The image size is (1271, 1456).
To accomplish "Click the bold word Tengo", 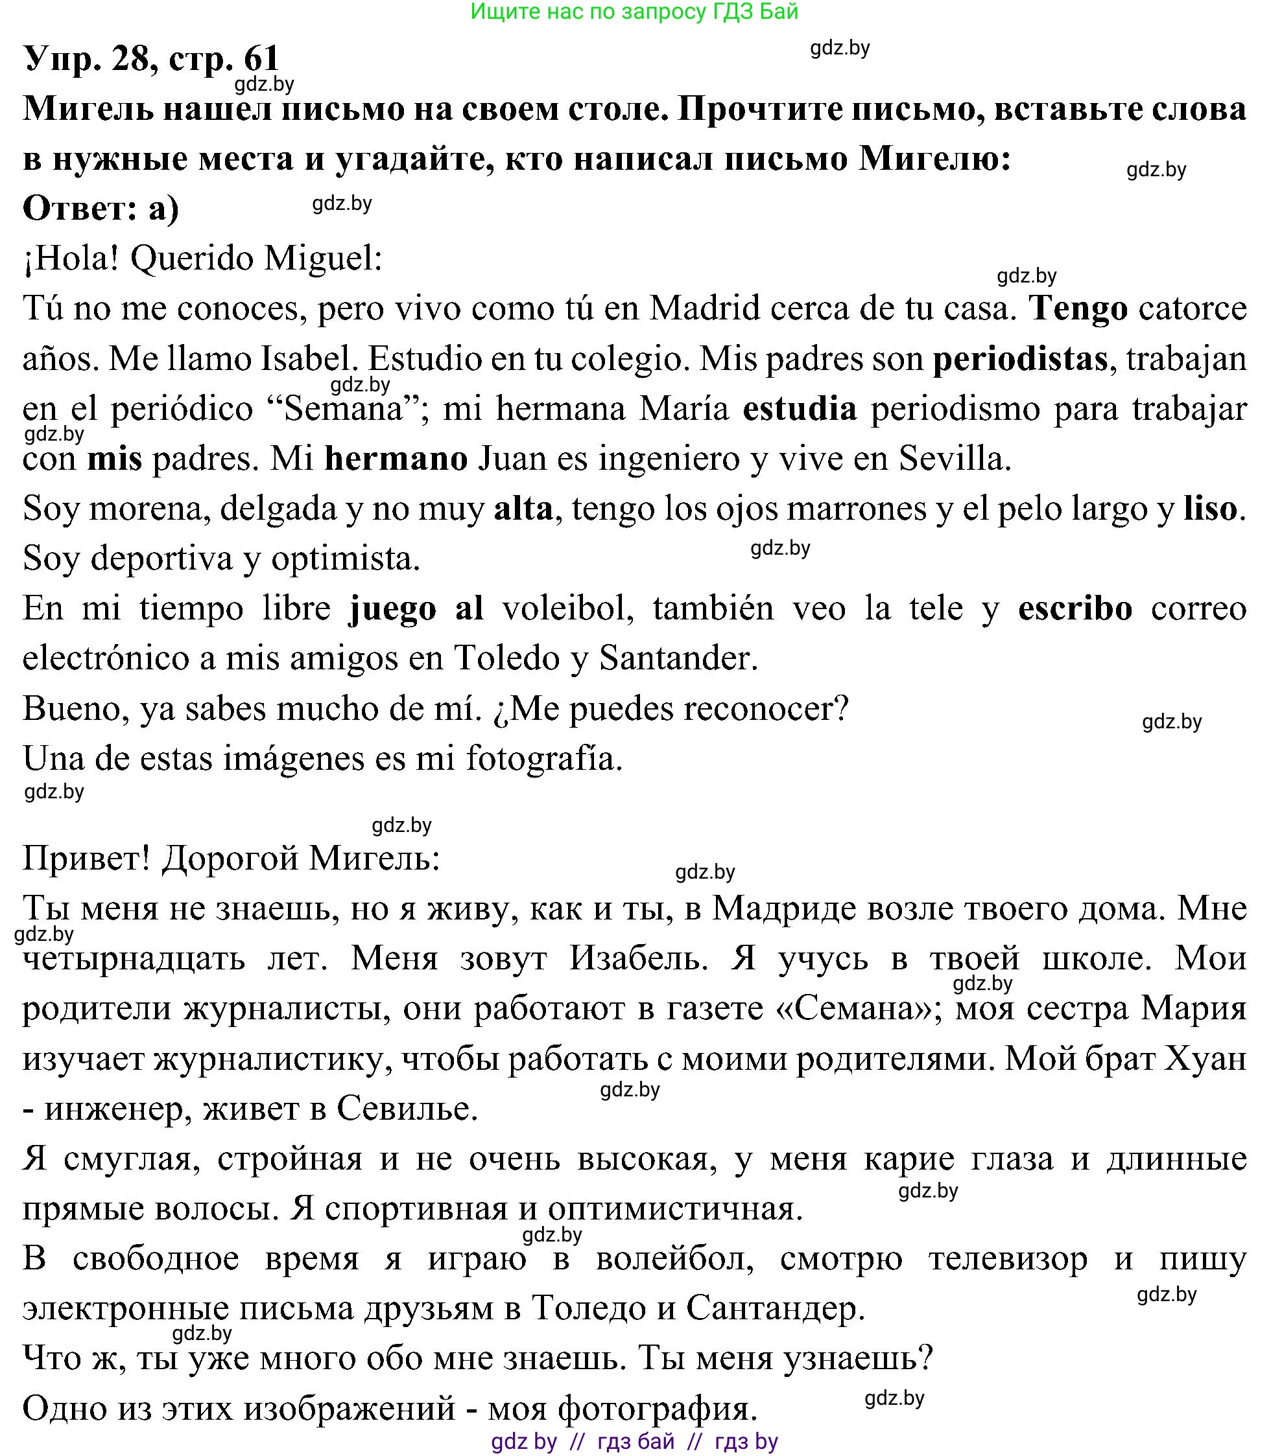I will (1078, 310).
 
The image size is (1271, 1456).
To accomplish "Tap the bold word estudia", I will (800, 410).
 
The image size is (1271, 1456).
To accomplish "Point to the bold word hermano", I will (396, 459).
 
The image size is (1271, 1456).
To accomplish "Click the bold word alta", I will (523, 509).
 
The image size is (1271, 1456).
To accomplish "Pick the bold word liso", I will (1210, 509).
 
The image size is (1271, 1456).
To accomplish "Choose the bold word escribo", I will (1075, 609).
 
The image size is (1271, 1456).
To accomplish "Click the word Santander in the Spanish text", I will (678, 659).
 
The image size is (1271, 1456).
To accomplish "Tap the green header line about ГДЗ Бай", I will (634, 12).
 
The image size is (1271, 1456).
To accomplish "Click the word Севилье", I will (407, 1109).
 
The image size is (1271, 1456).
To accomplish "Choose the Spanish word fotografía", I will (544, 759).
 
